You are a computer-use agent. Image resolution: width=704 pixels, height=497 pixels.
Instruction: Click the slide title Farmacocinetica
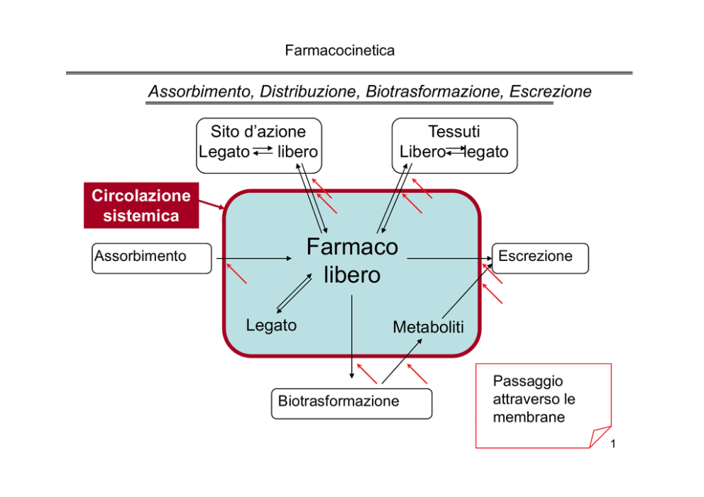click(339, 50)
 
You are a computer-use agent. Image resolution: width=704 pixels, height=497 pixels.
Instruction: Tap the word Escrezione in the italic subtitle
click(550, 91)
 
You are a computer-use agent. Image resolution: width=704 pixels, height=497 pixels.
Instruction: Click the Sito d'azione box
click(259, 146)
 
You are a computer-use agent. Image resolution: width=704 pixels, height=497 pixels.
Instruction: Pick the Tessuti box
click(454, 146)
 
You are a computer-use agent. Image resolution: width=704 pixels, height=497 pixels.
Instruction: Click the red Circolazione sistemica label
click(141, 206)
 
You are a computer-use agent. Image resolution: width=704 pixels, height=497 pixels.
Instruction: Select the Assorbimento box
click(152, 258)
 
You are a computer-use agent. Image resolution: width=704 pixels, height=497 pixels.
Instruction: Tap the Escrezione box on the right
click(540, 258)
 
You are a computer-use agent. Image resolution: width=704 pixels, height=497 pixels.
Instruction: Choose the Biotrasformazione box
click(351, 403)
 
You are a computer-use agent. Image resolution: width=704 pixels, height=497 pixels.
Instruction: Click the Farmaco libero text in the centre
click(352, 261)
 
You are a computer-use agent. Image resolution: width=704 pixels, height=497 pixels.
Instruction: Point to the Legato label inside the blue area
click(271, 325)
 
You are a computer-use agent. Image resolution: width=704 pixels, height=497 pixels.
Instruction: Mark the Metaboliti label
click(428, 327)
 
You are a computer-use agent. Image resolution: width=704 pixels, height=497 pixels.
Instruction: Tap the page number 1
click(613, 444)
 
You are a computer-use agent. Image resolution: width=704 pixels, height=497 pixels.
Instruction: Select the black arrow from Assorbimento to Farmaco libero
click(254, 258)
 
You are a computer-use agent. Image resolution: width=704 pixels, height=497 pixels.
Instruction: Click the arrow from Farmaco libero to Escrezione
click(450, 258)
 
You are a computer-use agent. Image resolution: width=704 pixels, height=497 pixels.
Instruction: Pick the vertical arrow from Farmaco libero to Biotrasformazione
click(351, 337)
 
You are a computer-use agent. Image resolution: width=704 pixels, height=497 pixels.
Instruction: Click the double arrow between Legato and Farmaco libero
click(294, 294)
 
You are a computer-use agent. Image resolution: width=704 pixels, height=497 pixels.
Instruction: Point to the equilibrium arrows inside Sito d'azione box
click(263, 151)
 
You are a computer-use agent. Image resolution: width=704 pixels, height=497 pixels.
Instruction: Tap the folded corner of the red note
click(600, 436)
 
